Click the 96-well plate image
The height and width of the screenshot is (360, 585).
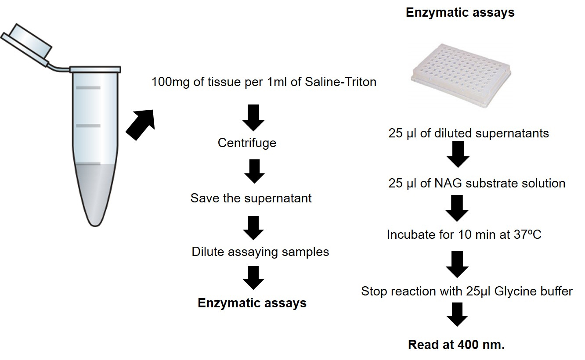click(461, 76)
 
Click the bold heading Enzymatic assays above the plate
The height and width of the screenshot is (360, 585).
click(460, 13)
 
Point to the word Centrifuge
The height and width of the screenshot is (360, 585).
click(247, 143)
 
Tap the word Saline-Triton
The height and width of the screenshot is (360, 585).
click(340, 82)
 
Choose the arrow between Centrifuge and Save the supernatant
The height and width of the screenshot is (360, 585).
click(255, 171)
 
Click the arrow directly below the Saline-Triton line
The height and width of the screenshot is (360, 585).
click(253, 118)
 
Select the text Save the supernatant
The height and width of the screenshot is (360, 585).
click(251, 198)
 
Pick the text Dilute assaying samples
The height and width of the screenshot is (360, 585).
click(260, 252)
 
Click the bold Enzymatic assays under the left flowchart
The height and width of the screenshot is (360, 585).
click(252, 303)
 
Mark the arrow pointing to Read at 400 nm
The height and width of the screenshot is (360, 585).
click(457, 315)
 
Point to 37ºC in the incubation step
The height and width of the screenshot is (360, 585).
click(527, 234)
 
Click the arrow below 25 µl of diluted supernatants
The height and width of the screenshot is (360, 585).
click(458, 154)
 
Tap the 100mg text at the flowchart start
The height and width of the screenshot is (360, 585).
click(170, 82)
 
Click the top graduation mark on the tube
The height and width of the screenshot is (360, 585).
click(88, 88)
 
